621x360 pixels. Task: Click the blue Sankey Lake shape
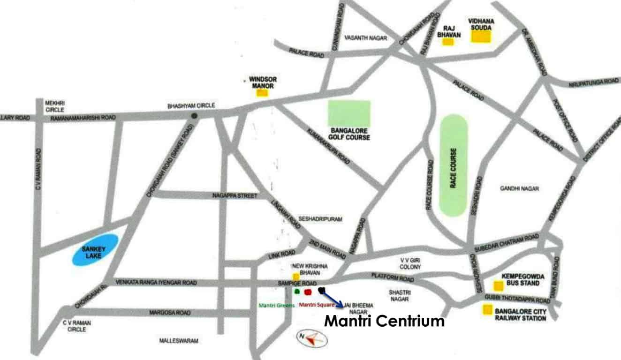point(95,250)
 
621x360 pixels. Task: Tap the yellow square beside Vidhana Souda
point(481,37)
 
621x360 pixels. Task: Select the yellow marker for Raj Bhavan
point(448,42)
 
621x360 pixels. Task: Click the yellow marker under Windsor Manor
point(262,93)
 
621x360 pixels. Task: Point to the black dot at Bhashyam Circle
point(193,116)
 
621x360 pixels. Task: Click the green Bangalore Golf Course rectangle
point(349,114)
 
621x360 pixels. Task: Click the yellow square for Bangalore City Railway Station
point(488,309)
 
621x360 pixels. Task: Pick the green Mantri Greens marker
point(296,292)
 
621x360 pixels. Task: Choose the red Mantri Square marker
point(308,292)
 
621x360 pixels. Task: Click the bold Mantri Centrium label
point(384,322)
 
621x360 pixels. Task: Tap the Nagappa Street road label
point(235,195)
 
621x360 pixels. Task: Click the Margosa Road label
point(169,312)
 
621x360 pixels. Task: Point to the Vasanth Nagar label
point(366,38)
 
